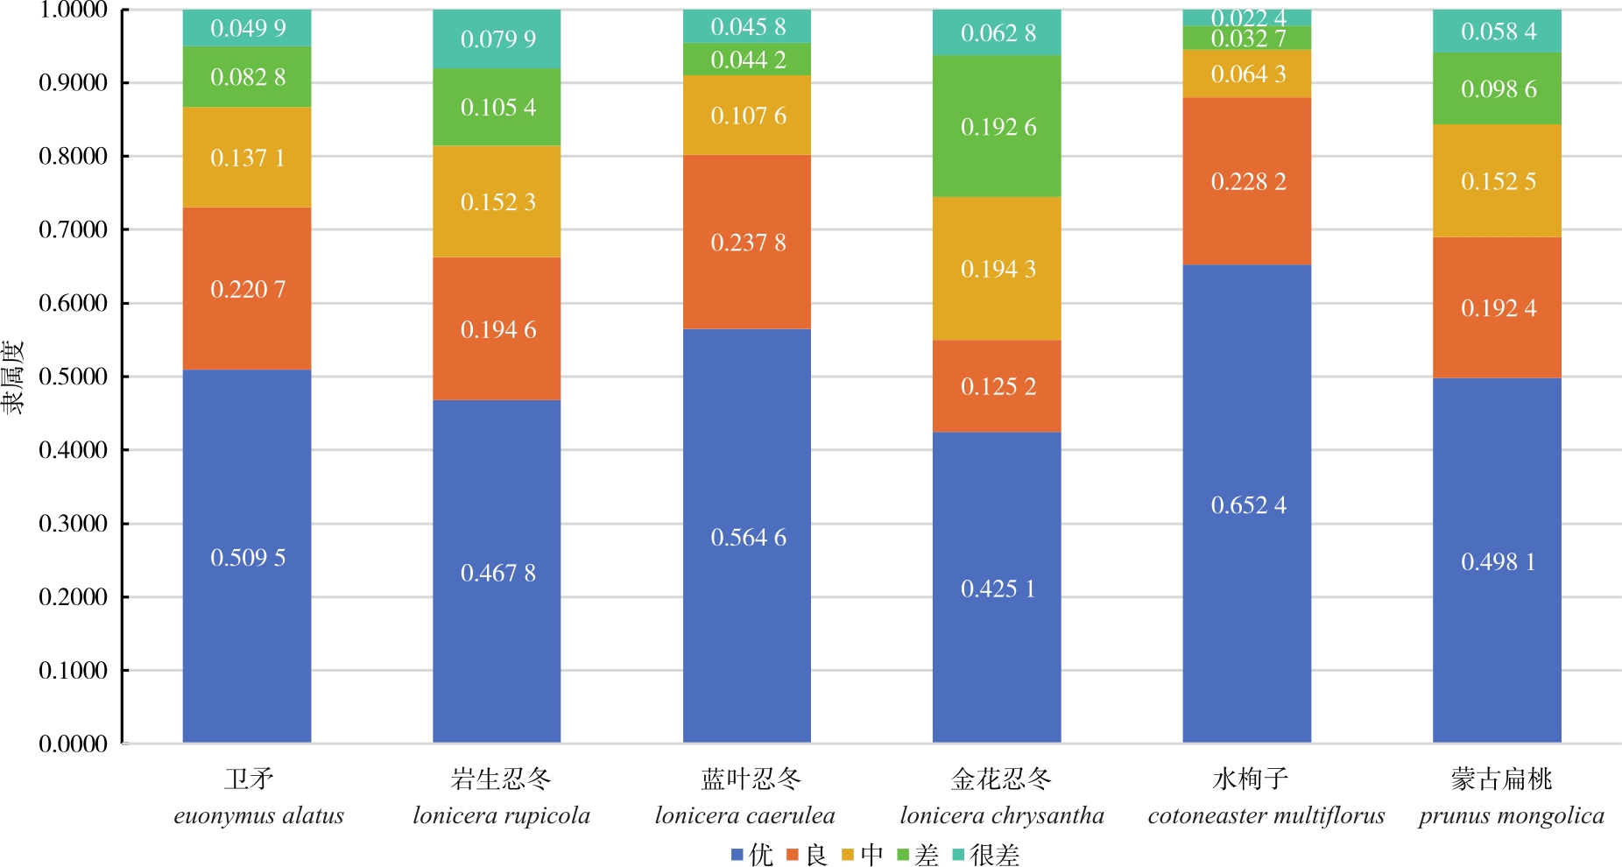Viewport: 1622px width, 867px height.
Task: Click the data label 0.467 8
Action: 497,574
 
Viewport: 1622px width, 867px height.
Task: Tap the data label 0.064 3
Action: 1248,74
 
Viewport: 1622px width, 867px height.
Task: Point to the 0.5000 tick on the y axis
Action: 73,377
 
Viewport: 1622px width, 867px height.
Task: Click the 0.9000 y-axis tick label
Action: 73,83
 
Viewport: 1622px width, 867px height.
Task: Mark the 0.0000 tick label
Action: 73,744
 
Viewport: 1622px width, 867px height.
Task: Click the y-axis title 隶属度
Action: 12,377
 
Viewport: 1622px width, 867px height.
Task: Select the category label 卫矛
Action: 250,779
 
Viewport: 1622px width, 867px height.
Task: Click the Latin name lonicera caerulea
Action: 745,816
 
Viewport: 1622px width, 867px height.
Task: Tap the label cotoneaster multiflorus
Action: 1266,816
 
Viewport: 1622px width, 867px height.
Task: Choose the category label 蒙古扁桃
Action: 1501,779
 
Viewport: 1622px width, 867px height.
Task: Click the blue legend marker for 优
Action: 737,855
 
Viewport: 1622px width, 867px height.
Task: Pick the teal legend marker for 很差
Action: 958,855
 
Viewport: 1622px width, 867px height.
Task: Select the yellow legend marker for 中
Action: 848,855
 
